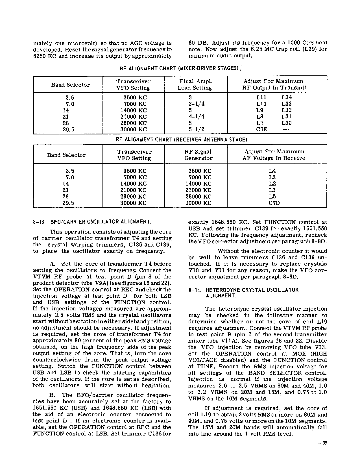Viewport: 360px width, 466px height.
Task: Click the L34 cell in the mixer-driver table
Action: (x=287, y=97)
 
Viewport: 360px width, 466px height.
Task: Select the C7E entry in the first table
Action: (x=262, y=130)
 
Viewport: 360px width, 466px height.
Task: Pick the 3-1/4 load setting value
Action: (x=197, y=104)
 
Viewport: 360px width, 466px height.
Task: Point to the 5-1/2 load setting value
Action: (x=197, y=130)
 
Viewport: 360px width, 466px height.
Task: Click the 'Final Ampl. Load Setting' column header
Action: (x=196, y=84)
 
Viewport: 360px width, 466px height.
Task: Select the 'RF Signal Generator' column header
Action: (x=198, y=155)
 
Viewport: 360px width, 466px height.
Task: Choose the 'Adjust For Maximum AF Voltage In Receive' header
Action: (x=274, y=155)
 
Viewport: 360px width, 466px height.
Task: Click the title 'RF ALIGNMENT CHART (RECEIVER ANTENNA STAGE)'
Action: (x=182, y=140)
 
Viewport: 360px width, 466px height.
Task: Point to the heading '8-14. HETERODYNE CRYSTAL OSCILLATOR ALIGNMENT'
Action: (x=243, y=293)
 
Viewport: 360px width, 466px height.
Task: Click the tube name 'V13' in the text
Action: (x=321, y=347)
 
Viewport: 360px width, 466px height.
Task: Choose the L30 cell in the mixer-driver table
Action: (x=287, y=123)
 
